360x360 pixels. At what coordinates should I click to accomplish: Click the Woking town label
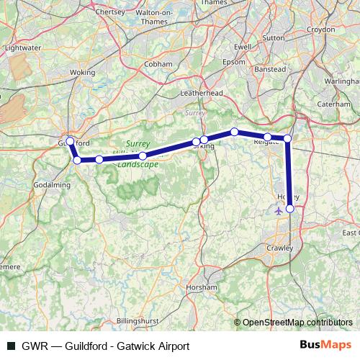pos(82,73)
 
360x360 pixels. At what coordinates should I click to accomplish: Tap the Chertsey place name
pos(110,12)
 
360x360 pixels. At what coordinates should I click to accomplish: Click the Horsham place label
pos(201,287)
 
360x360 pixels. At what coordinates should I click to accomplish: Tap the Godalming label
pos(53,185)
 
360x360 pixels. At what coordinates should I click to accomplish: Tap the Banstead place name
pos(271,69)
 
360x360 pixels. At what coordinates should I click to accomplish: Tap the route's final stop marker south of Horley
pos(290,209)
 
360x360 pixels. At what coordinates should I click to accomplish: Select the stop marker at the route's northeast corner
pos(287,138)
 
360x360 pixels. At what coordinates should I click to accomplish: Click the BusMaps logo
pos(325,346)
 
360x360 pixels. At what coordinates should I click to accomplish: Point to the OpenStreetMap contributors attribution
pos(294,323)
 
